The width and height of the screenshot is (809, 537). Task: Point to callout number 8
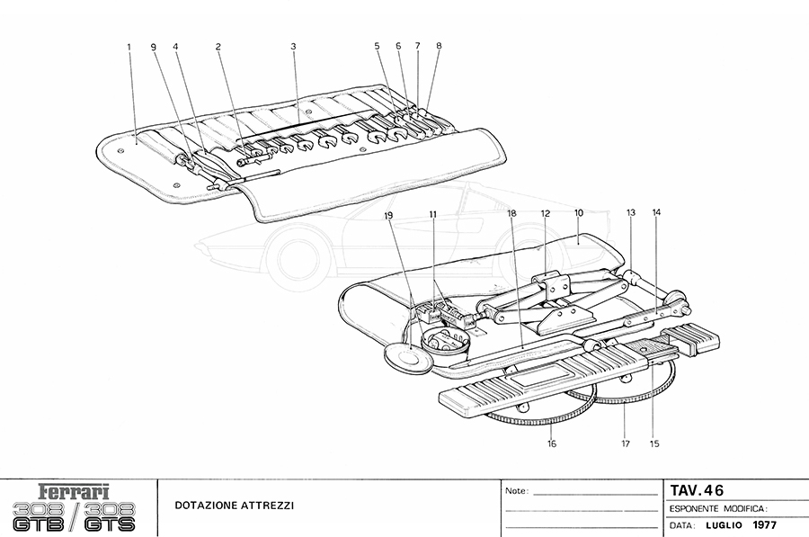(x=439, y=45)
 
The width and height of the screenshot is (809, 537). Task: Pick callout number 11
(x=432, y=215)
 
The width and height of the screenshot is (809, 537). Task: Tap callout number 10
(x=579, y=213)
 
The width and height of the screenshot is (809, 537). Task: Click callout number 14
(x=656, y=213)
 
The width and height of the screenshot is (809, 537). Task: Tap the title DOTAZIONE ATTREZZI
(x=234, y=506)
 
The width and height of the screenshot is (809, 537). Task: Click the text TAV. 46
(x=697, y=490)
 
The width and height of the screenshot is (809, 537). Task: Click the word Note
(x=516, y=492)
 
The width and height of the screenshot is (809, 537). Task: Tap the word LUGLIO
(x=723, y=524)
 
